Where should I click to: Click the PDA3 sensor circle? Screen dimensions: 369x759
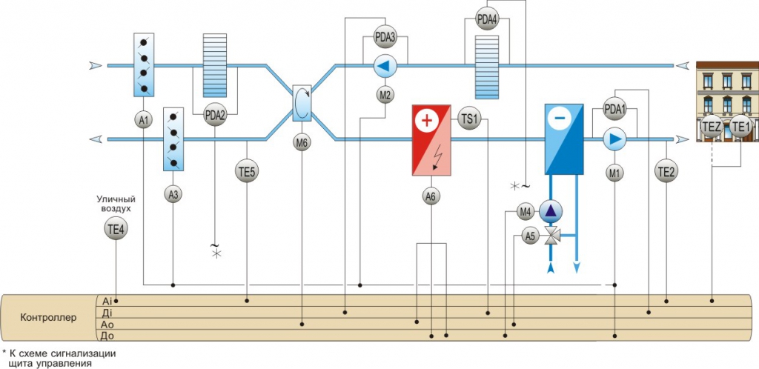tap(385, 36)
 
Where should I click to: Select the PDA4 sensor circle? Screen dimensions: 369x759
tap(486, 19)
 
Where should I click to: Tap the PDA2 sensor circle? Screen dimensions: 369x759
tap(215, 115)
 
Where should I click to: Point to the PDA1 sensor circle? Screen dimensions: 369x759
tap(615, 110)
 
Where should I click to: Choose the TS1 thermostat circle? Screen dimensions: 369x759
tap(470, 119)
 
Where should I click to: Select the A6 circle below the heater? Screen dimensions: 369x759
tap(431, 196)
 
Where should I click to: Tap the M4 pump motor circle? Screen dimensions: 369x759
tap(526, 212)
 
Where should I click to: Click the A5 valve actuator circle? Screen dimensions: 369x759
tap(529, 236)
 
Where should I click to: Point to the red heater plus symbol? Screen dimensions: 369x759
tap(426, 119)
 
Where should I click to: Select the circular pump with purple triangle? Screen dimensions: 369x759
tap(550, 211)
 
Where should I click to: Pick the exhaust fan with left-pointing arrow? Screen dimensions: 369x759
tap(385, 67)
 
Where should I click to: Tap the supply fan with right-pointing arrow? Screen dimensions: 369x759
tap(614, 139)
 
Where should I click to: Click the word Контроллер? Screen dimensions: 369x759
tap(45, 318)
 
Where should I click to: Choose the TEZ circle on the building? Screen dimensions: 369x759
tap(712, 127)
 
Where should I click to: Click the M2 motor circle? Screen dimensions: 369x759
tap(385, 95)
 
